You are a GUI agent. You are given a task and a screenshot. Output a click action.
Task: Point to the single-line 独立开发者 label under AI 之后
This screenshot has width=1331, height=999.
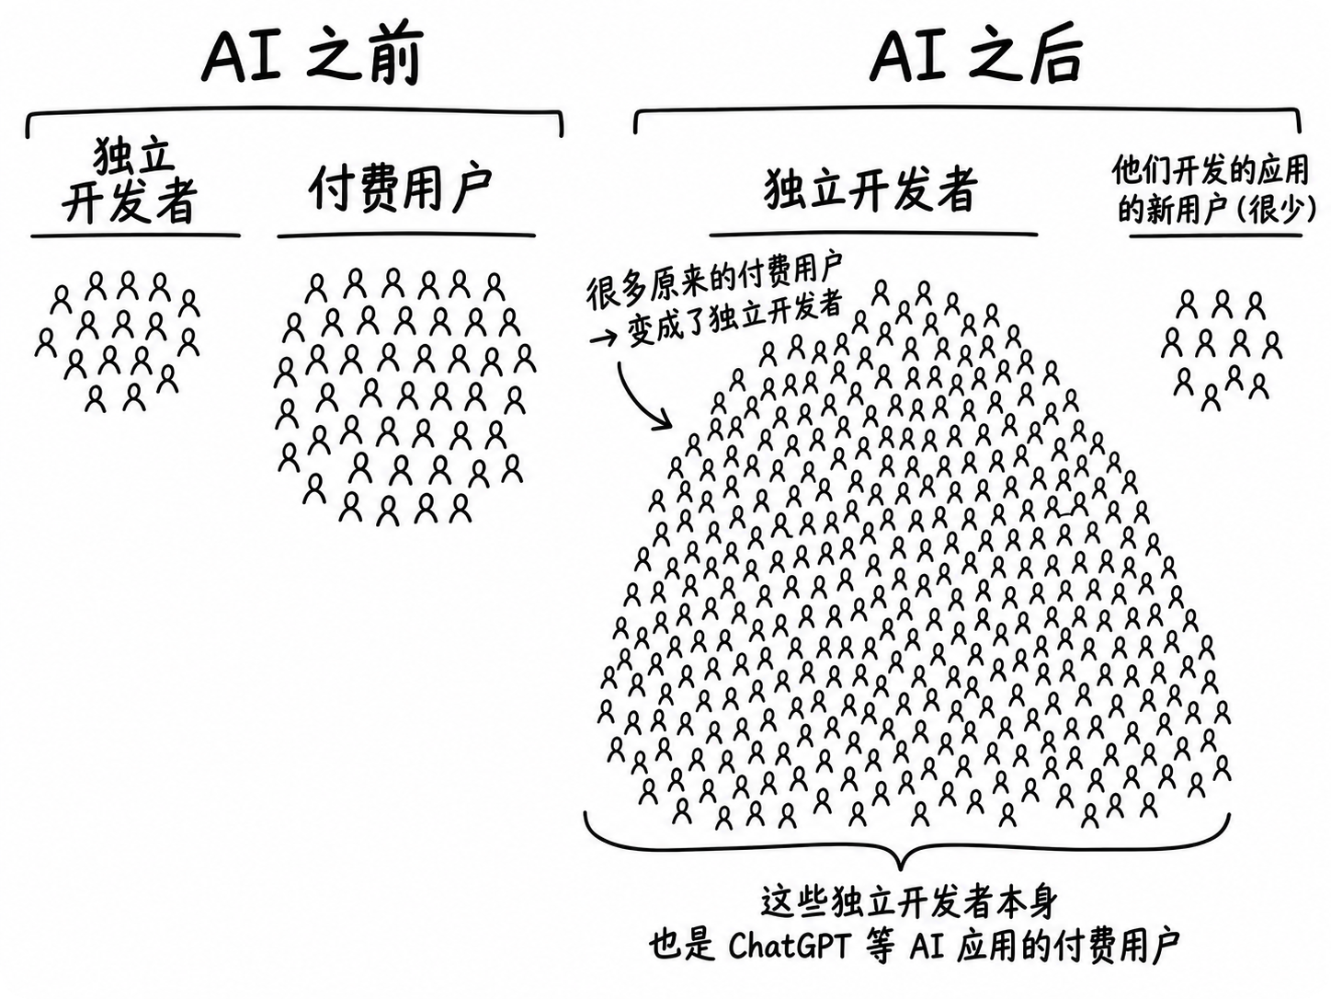click(x=871, y=189)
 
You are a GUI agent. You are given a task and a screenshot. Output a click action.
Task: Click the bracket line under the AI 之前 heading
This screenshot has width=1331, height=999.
click(x=294, y=112)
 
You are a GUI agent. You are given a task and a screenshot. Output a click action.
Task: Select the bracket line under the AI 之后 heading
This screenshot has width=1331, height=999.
click(x=968, y=109)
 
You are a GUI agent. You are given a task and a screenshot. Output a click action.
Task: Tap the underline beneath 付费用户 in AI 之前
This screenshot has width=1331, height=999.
click(x=406, y=235)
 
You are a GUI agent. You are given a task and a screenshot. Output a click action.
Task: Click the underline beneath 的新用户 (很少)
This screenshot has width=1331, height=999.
click(x=1215, y=235)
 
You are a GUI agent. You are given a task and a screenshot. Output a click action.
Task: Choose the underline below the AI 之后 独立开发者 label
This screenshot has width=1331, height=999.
click(x=873, y=234)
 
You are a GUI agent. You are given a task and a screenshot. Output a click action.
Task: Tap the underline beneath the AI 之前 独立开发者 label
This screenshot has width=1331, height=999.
click(x=135, y=235)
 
